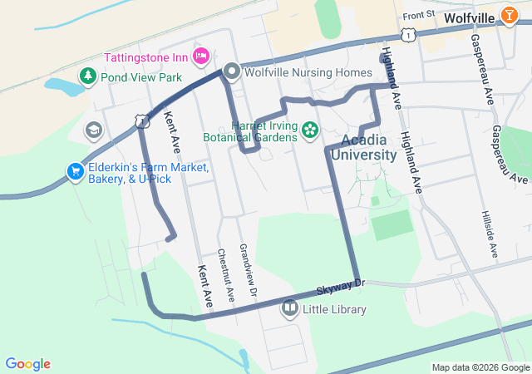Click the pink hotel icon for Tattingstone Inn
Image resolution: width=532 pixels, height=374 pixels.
pos(199,57)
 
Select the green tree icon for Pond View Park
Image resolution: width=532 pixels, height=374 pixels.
pos(87,76)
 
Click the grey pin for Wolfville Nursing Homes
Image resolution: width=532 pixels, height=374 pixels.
pos(232,72)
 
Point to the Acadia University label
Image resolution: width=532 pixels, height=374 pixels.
pos(363,146)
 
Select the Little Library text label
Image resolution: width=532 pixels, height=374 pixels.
pos(334,310)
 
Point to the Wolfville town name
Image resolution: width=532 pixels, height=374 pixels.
pos(470,17)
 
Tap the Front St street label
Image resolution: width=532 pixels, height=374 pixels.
pos(418,15)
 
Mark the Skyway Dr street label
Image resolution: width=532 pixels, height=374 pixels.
pos(341,288)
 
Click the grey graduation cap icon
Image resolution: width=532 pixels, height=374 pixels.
pos(94,130)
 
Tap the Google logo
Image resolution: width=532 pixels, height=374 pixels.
pos(27,364)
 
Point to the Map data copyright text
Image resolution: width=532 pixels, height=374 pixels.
pos(480,367)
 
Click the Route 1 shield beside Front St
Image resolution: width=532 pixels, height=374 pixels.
pos(406,33)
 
